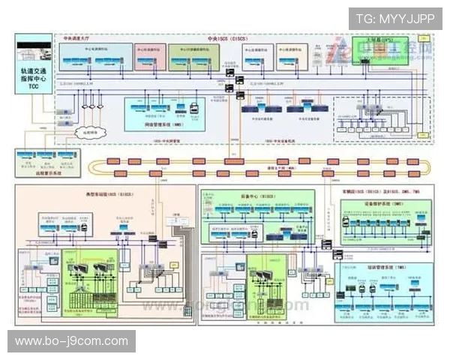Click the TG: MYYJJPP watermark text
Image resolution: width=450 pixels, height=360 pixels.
[x=394, y=18]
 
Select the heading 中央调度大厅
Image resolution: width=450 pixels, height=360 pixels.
[x=77, y=38]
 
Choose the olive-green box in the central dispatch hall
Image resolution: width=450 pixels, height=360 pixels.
[x=192, y=55]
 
